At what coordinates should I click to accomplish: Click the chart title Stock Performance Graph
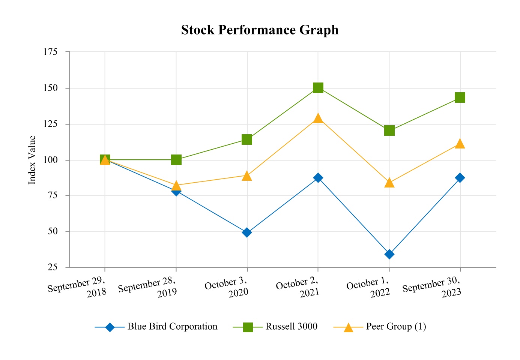260,30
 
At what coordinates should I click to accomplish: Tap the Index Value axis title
33,160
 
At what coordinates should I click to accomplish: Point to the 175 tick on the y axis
51,52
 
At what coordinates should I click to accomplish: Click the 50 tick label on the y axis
53,231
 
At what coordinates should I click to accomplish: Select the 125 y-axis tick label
51,124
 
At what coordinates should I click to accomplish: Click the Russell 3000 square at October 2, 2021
318,88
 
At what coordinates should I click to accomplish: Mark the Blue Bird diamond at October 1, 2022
389,254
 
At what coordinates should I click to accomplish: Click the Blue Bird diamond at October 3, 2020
247,232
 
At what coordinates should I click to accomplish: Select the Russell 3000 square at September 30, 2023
460,97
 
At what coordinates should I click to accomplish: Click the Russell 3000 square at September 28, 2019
176,160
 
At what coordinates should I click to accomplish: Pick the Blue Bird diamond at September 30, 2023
460,178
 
